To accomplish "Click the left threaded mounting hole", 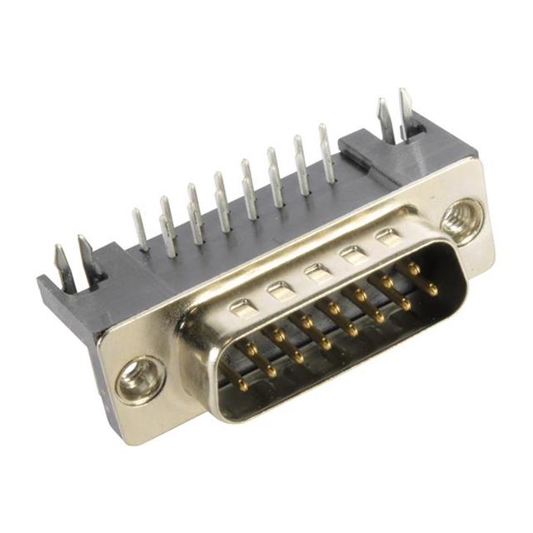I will coord(139,380).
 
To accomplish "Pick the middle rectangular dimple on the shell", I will coord(316,271).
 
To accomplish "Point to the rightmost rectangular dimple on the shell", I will coord(387,237).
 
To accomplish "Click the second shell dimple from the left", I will coord(280,290).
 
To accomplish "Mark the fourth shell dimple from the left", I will coord(353,253).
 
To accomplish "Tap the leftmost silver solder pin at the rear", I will coord(140,229).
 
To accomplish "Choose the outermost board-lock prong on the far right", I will coord(406,112).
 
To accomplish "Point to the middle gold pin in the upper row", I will coord(320,316).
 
